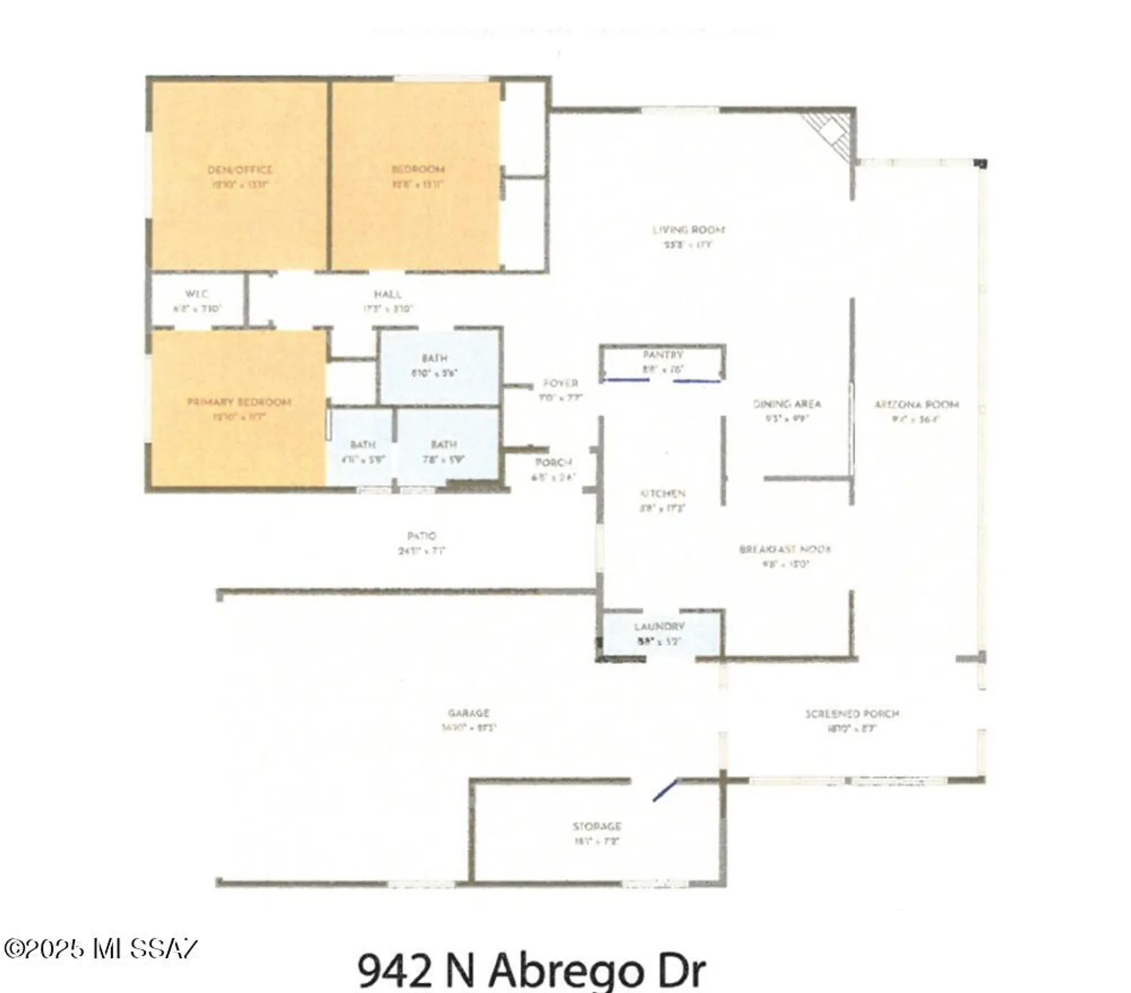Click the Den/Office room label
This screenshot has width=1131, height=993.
point(240,170)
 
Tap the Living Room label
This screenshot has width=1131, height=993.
point(688,230)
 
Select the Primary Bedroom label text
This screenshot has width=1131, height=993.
point(239,402)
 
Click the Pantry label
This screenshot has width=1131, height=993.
point(662,355)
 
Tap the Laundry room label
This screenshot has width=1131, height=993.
point(659,627)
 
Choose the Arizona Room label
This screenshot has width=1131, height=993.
point(916,404)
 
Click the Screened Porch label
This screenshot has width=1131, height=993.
point(852,714)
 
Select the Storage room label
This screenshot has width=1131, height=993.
point(597,827)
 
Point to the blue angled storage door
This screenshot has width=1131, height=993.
point(665,790)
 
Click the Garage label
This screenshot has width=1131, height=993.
point(468,714)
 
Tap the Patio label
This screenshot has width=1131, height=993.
point(422,536)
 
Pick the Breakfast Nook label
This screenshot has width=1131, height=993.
point(785,549)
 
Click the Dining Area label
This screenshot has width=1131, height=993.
point(787,404)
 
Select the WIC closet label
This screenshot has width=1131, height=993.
point(197,294)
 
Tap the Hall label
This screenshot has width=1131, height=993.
point(387,295)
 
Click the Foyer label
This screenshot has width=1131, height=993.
point(560,383)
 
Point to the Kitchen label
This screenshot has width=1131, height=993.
point(662,494)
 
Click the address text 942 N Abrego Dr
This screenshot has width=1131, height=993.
point(531,970)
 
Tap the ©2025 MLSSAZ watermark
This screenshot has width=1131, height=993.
point(100,949)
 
